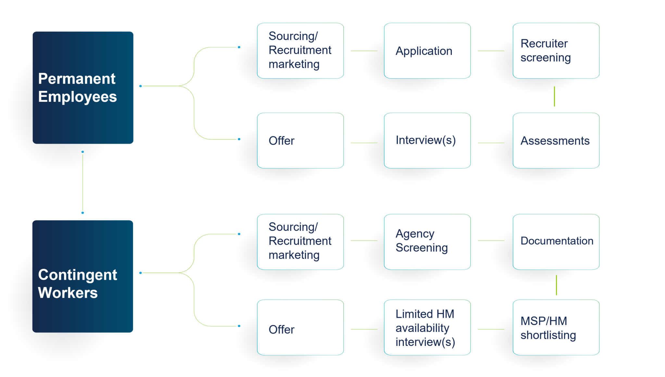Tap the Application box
pyautogui.click(x=427, y=51)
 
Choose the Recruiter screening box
pyautogui.click(x=556, y=51)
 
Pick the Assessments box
pyautogui.click(x=556, y=141)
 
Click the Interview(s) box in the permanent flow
pyautogui.click(x=427, y=141)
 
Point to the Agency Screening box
pyautogui.click(x=427, y=241)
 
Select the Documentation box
pyautogui.click(x=556, y=241)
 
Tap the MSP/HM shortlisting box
pyautogui.click(x=556, y=328)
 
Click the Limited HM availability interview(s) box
pyautogui.click(x=427, y=328)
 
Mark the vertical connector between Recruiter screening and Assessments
pyautogui.click(x=554, y=96)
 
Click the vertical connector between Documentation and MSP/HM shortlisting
pyautogui.click(x=556, y=285)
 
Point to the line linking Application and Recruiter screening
pyautogui.click(x=491, y=51)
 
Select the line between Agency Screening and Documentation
pyautogui.click(x=491, y=241)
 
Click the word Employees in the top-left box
pyautogui.click(x=77, y=97)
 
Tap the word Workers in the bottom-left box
pyautogui.click(x=68, y=293)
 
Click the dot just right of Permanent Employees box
pyautogui.click(x=140, y=86)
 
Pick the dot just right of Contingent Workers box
pyautogui.click(x=140, y=273)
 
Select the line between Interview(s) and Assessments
pyautogui.click(x=491, y=143)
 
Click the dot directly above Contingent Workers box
pyautogui.click(x=82, y=213)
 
